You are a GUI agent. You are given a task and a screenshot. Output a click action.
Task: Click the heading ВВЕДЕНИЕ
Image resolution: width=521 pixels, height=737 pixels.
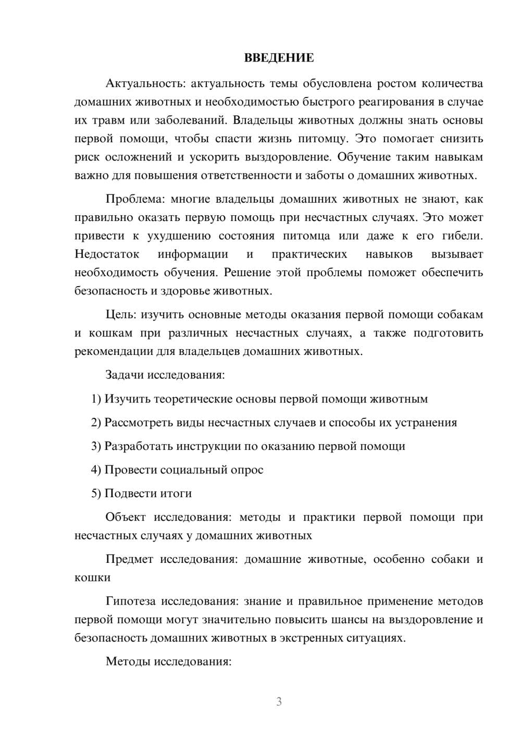pos(279,58)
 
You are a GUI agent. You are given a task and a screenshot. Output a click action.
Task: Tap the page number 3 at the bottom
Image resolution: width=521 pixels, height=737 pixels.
pos(279,702)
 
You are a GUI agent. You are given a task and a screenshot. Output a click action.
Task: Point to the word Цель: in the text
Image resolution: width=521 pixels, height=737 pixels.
pos(121,314)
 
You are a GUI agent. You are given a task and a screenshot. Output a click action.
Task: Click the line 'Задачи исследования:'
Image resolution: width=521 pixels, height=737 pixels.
pos(165,375)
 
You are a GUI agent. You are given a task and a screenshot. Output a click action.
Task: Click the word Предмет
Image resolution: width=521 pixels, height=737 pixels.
pos(129,559)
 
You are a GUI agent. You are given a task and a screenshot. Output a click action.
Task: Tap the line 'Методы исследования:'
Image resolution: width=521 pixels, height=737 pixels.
pos(168,661)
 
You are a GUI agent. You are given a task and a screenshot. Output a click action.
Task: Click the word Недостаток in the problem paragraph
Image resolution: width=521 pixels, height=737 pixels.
pos(107,254)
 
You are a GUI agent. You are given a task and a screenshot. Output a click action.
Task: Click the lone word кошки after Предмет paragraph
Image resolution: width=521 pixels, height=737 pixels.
pos(92,578)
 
